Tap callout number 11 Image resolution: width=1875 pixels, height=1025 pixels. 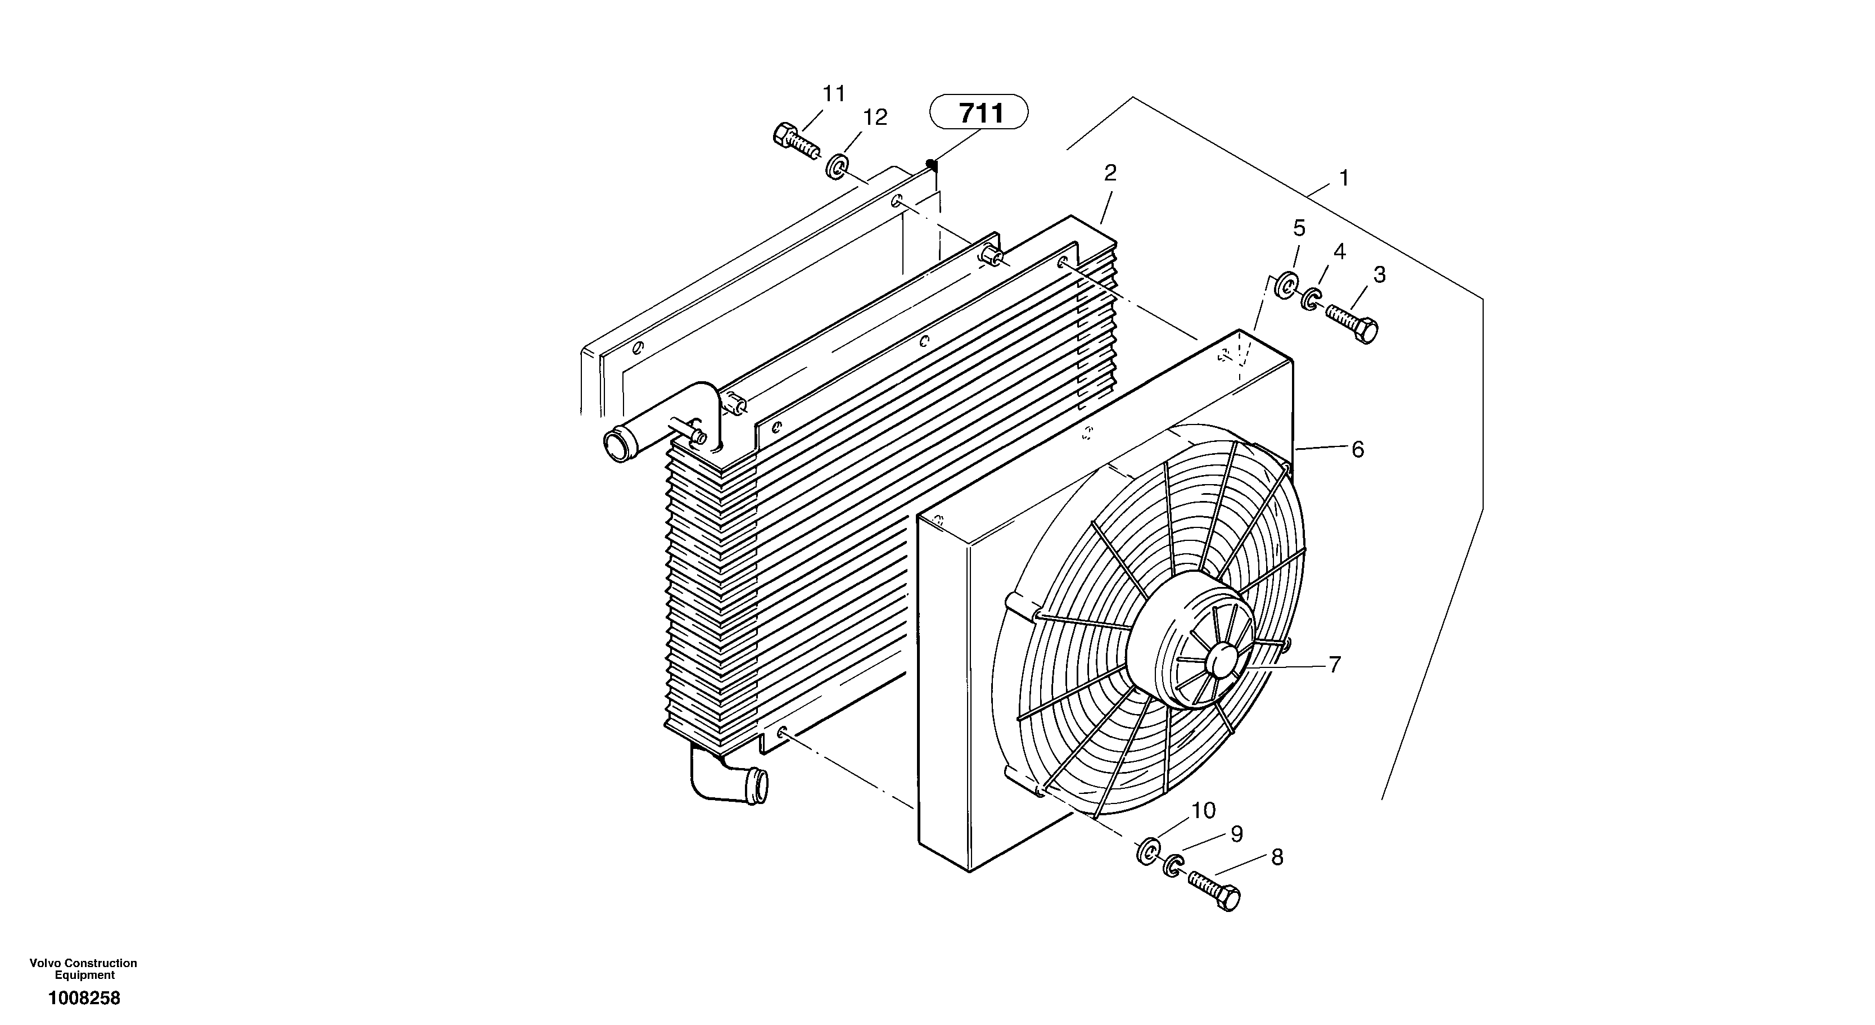(834, 94)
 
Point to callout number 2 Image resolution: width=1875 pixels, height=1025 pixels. (1110, 173)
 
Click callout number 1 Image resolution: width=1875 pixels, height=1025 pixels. (1344, 178)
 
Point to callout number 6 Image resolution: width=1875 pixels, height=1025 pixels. (1358, 450)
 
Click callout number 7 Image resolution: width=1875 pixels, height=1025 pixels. (1334, 664)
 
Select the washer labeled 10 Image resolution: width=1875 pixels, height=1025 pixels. (1149, 852)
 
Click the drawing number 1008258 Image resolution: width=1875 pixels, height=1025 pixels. (84, 998)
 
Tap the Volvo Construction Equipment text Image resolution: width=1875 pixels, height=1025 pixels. (84, 969)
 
